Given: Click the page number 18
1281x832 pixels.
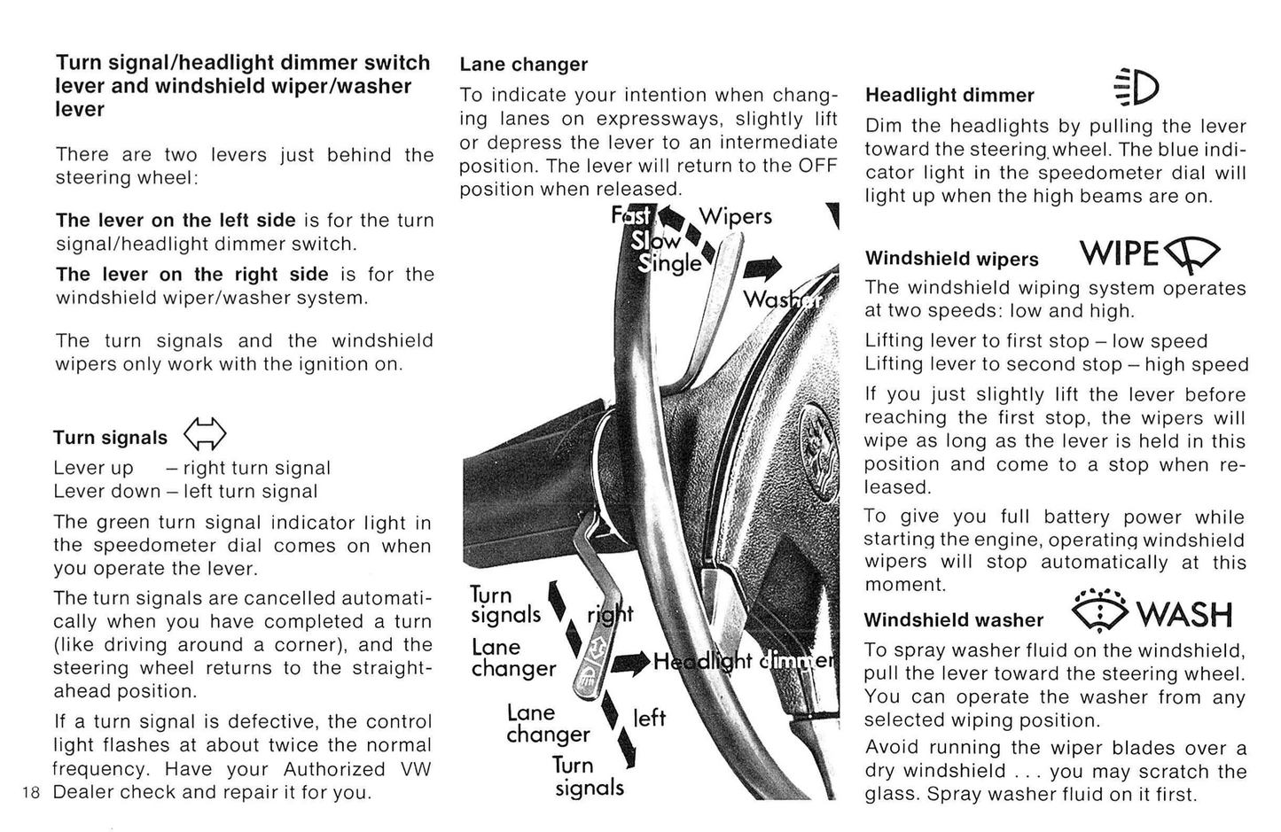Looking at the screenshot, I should (32, 792).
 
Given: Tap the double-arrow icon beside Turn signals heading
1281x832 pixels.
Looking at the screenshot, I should (205, 435).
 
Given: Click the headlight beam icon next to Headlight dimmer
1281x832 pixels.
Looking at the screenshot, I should (1136, 88).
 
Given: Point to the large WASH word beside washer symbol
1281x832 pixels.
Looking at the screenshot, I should (1184, 613).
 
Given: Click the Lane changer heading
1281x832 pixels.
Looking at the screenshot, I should (523, 65).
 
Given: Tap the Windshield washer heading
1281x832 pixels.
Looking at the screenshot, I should (954, 620).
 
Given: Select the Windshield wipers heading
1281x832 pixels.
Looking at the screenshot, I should (951, 259).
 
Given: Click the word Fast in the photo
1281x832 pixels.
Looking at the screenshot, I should (631, 215).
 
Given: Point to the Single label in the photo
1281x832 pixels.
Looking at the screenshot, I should (670, 264).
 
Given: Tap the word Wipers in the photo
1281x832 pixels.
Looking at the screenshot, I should (735, 216).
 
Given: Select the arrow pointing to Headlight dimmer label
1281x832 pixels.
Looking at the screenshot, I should (631, 663).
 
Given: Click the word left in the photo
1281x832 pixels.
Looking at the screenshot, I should (649, 718).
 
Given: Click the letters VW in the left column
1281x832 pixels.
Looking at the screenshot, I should (415, 769).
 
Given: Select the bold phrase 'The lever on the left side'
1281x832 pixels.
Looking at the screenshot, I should (176, 220).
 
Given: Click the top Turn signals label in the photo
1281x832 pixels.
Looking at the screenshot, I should (505, 605).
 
